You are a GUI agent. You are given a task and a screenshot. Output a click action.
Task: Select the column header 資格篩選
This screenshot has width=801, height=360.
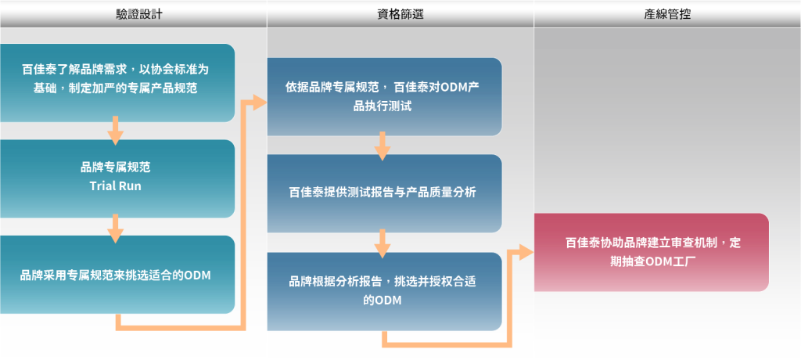pos(400,14)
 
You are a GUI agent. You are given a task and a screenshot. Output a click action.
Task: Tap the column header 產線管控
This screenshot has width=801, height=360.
pos(667,14)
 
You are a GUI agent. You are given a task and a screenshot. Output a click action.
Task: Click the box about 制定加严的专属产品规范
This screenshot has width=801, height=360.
pos(117,83)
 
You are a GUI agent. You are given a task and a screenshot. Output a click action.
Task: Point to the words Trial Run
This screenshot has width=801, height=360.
pos(116,185)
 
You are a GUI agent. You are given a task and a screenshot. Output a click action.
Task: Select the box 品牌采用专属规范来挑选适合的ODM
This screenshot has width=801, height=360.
pos(117,275)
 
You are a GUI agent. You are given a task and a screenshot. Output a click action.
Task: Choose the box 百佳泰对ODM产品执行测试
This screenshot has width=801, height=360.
pos(384,96)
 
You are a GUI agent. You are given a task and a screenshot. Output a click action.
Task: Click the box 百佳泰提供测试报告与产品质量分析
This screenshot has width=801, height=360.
pos(384,193)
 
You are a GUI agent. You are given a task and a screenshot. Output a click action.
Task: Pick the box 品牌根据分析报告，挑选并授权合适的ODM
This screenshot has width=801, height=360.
pos(384,291)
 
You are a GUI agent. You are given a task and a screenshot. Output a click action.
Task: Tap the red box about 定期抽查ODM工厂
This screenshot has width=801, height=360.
pos(652,253)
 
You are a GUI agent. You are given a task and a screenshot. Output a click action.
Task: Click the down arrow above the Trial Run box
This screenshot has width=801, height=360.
pos(116,131)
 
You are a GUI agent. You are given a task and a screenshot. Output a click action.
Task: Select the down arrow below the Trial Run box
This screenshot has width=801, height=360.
pos(116,229)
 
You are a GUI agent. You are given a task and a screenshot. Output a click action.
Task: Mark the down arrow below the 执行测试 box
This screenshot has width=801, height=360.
pos(383,146)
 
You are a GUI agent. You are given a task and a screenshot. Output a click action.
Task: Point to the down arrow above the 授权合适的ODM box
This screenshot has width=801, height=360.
pos(383,244)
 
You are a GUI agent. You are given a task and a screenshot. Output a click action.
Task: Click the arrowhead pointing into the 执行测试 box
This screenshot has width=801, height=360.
pos(260,103)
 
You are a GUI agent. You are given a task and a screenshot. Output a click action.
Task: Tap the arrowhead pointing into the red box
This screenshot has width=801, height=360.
pos(526,253)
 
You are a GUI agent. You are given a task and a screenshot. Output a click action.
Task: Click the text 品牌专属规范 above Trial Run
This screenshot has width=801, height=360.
pos(116,167)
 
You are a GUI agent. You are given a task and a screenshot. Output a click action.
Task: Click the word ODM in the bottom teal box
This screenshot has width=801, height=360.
pos(198,275)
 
